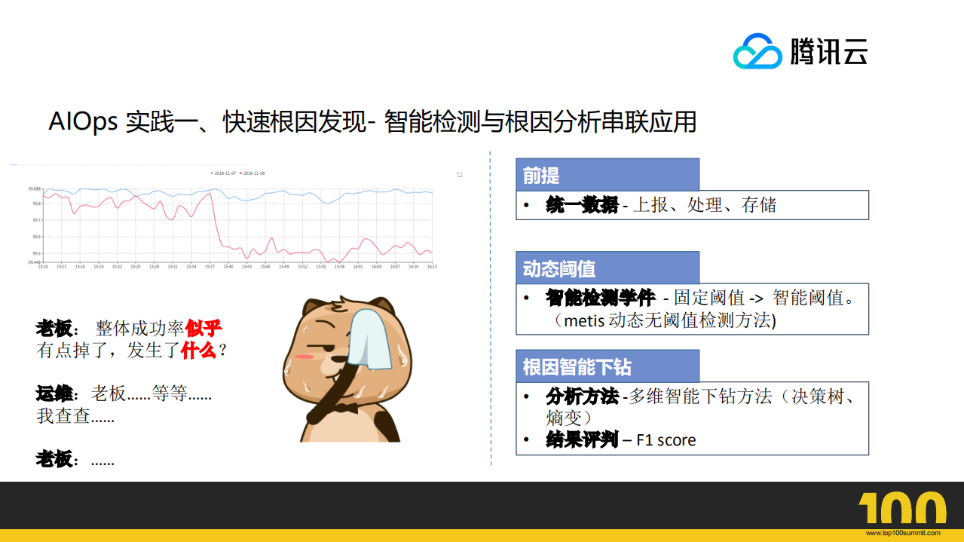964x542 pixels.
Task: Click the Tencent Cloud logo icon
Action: point(758,52)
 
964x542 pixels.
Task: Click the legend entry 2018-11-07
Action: point(225,173)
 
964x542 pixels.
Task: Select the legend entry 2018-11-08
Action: point(252,173)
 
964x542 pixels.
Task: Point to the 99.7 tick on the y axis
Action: point(35,220)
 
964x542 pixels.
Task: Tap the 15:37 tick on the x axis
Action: point(210,267)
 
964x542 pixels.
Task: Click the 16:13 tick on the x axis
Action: point(432,267)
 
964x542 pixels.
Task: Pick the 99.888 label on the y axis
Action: point(35,188)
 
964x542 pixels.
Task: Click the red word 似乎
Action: point(204,329)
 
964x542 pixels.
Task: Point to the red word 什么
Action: point(198,351)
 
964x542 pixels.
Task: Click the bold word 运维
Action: point(55,393)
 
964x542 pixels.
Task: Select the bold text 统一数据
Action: point(582,205)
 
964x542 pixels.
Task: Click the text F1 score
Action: point(666,440)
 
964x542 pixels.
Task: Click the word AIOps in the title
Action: point(83,122)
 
